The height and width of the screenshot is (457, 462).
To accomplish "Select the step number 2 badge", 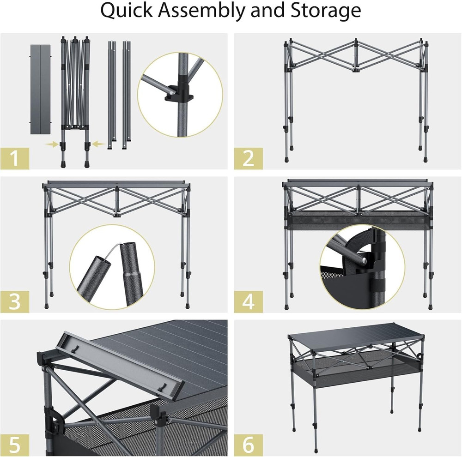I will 248,159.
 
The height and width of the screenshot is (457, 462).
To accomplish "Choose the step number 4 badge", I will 248,302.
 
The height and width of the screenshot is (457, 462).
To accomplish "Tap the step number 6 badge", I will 248,445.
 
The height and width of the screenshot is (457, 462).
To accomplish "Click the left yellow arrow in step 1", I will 52,144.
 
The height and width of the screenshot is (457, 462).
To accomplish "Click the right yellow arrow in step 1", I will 97,144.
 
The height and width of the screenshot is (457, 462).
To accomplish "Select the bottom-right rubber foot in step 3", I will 187,305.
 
